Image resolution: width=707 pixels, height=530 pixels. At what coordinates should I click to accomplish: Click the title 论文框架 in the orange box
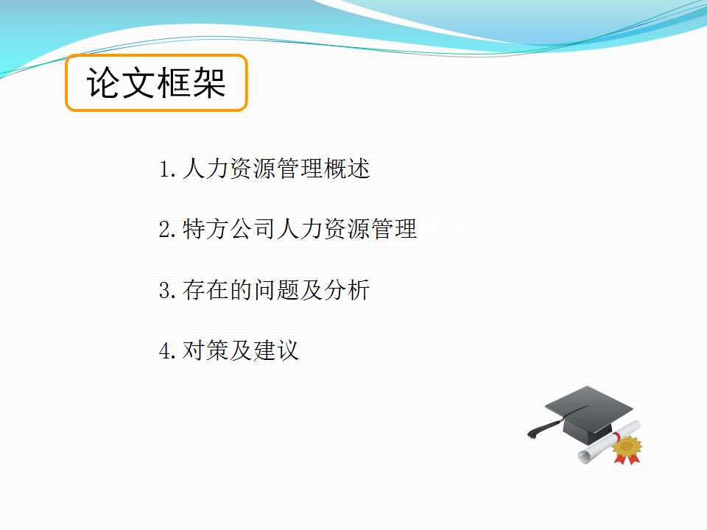coord(156,82)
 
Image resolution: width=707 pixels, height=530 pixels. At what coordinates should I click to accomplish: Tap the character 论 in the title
coord(103,82)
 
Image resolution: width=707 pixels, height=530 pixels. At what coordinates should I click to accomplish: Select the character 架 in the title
coord(209,82)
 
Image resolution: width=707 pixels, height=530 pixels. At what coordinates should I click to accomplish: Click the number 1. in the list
coord(167,169)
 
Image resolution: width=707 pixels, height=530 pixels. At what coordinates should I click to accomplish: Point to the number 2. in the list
coord(167,230)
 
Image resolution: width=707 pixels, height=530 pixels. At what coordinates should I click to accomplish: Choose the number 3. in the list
coord(167,290)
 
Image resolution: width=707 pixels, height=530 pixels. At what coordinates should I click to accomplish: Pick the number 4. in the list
coord(167,350)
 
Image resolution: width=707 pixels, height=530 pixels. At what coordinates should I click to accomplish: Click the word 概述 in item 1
coord(347,169)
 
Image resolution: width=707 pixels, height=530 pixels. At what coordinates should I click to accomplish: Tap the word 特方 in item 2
coord(205,229)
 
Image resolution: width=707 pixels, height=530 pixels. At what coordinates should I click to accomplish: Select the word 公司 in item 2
coord(253,229)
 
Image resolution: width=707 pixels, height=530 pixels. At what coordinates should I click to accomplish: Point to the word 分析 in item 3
coord(347,290)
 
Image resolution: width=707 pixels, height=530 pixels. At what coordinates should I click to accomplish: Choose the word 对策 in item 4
coord(205,350)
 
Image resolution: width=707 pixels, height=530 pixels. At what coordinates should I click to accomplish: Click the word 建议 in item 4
coord(276,350)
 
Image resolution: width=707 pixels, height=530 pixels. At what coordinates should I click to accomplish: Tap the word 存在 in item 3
coord(205,290)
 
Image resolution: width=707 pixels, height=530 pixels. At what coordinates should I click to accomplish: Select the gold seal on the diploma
coord(627,446)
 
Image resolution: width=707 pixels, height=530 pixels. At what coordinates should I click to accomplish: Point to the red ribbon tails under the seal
coord(627,459)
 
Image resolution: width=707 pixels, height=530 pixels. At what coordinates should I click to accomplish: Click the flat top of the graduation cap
coord(589,405)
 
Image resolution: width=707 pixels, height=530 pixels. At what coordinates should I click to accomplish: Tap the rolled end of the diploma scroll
coord(585,456)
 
